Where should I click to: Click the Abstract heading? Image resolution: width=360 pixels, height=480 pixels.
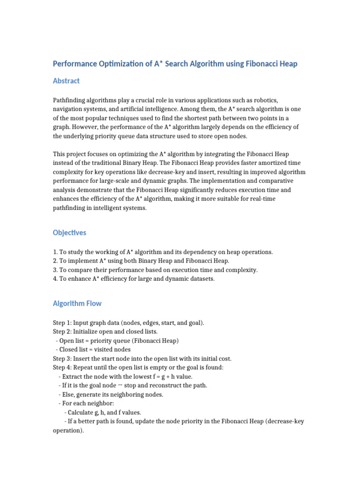click(x=66, y=81)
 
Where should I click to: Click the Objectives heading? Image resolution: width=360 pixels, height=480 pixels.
click(x=69, y=232)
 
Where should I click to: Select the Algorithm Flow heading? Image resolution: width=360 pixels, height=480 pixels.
click(x=77, y=303)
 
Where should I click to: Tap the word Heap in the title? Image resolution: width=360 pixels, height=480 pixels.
click(x=288, y=63)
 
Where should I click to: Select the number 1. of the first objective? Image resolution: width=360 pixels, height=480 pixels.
click(x=55, y=252)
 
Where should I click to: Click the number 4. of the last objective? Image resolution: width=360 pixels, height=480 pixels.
click(x=55, y=279)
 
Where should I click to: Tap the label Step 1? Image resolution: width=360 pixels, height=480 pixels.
click(x=62, y=323)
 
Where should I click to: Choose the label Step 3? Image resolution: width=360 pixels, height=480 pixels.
click(x=62, y=359)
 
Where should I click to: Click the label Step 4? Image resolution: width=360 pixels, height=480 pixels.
click(x=62, y=367)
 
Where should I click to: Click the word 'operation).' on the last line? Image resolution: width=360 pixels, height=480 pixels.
click(x=68, y=430)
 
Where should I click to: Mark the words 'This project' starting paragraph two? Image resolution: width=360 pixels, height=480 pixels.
click(x=70, y=154)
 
